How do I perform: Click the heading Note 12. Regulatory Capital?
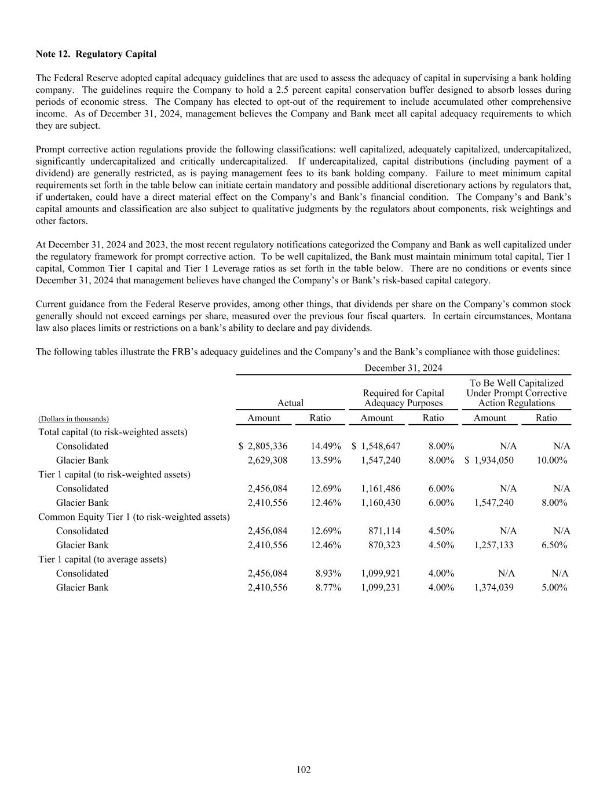(96, 54)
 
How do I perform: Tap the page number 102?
(303, 770)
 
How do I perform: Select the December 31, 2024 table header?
(403, 368)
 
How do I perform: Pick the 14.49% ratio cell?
(326, 446)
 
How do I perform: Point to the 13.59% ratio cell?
(326, 460)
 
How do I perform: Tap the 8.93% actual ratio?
(328, 573)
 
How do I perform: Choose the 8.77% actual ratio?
(328, 587)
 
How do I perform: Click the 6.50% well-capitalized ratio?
(554, 545)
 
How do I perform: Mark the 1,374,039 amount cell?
(493, 587)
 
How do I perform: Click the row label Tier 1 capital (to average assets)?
(103, 559)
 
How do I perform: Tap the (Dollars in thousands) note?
(74, 418)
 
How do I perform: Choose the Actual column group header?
(290, 403)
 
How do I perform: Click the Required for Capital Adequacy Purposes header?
(403, 398)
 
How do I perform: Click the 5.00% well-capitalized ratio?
(554, 587)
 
